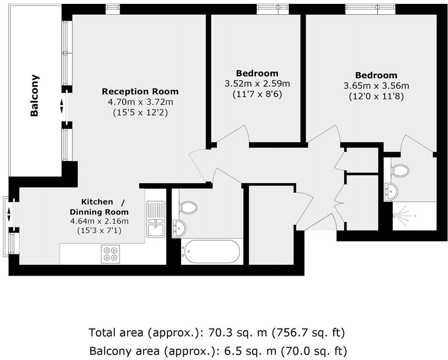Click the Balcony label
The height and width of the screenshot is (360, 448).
click(x=34, y=96)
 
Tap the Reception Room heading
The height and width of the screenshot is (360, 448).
click(x=140, y=91)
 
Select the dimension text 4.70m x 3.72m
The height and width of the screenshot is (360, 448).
click(x=140, y=102)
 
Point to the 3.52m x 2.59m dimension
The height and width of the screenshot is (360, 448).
click(x=257, y=84)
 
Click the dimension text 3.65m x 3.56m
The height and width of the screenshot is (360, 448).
click(x=376, y=86)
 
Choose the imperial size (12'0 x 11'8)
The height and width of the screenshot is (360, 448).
click(x=376, y=96)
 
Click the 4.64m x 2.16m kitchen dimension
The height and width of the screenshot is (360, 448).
click(x=99, y=221)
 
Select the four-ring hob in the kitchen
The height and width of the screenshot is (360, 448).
click(x=111, y=253)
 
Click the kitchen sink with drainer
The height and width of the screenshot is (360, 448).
click(x=156, y=220)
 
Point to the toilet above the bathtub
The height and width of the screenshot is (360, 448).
click(x=189, y=208)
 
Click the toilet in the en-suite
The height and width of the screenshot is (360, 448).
click(x=399, y=170)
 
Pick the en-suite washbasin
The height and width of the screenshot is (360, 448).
click(x=391, y=191)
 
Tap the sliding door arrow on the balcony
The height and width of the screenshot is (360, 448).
click(x=61, y=106)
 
